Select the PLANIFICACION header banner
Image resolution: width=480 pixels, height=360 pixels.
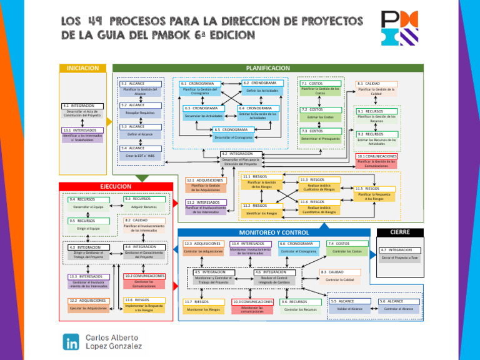[267, 67]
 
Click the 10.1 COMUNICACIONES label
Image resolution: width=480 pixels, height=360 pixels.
[376, 156]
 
